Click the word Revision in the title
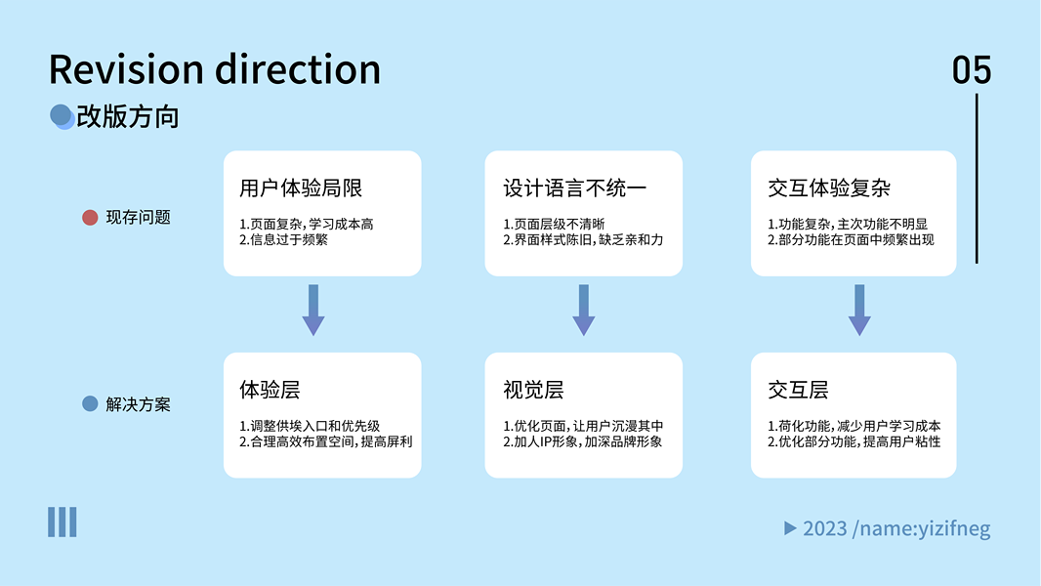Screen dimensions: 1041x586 [x=126, y=69]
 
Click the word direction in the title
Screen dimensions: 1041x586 [x=298, y=69]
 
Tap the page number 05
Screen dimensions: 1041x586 [x=972, y=69]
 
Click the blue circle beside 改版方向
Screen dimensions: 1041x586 [x=62, y=116]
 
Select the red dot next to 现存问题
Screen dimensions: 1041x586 [x=90, y=218]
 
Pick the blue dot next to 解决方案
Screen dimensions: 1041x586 [x=90, y=404]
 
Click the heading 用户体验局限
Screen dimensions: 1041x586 [x=301, y=188]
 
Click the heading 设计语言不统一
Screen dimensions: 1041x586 [x=574, y=188]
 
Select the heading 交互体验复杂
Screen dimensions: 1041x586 [x=828, y=188]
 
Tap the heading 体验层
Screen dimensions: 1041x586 [x=270, y=390]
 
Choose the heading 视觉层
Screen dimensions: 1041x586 [x=533, y=390]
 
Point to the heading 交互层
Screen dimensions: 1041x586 [x=798, y=390]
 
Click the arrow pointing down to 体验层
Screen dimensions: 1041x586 [x=313, y=310]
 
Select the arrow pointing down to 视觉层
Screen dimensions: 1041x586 [x=584, y=310]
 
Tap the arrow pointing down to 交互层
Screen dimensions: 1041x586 [x=859, y=310]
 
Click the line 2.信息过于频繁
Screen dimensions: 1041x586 [x=283, y=239]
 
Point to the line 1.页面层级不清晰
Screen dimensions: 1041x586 [x=554, y=225]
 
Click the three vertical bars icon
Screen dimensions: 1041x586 [x=62, y=523]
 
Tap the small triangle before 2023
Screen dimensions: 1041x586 [x=790, y=528]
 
